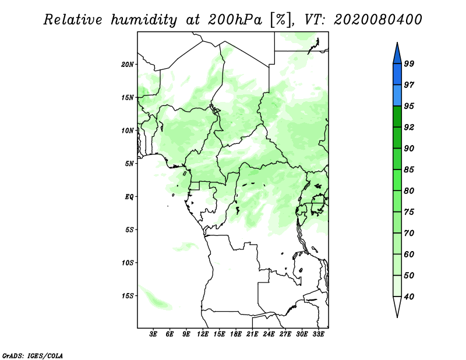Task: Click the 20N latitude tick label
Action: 128,64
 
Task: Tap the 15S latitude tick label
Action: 128,296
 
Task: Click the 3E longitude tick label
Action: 154,334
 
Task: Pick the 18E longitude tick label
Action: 236,334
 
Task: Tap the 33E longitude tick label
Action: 318,334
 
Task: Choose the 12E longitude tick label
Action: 203,334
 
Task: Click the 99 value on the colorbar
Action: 409,64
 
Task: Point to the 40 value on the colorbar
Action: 409,297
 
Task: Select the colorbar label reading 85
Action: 409,170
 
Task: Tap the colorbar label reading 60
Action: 409,255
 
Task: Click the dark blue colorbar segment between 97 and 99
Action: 397,74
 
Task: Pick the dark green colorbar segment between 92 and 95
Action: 397,117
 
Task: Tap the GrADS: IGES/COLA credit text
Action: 32,354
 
